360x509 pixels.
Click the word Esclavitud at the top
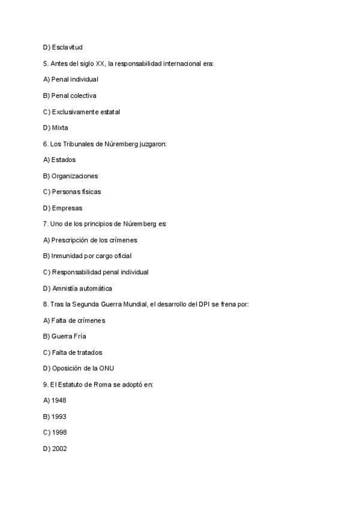(x=67, y=47)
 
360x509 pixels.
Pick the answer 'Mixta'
(x=60, y=127)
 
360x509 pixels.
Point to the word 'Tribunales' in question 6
(x=78, y=143)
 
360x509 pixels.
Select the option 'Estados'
(x=64, y=160)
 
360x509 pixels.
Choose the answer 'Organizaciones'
(x=74, y=176)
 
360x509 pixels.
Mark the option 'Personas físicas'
(x=76, y=191)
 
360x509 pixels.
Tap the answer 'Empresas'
(x=67, y=208)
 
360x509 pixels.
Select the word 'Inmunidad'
(x=67, y=256)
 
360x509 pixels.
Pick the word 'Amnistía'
(x=65, y=288)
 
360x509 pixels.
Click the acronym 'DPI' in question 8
(x=206, y=304)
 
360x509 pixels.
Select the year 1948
(x=59, y=400)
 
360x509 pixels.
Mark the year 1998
(x=59, y=432)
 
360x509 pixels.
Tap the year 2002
(x=59, y=448)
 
